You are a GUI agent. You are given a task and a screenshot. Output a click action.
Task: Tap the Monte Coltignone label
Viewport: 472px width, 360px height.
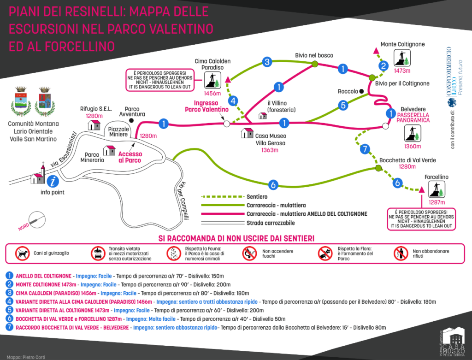pos(402,44)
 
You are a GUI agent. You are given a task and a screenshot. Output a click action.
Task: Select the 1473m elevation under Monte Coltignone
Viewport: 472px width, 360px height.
pos(402,71)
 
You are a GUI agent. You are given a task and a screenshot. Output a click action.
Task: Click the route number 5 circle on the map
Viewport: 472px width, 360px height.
pos(342,105)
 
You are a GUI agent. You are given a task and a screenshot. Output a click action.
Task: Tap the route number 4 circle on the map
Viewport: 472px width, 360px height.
pos(234,100)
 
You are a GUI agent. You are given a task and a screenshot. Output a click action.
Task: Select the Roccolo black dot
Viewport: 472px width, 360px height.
pos(362,91)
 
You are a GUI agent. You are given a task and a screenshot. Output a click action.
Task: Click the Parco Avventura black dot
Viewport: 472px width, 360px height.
pos(131,120)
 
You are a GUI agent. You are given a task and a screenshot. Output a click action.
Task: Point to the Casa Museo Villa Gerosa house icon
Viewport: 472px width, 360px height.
pos(248,133)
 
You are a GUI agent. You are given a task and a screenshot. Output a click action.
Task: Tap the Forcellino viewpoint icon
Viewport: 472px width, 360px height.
pos(437,189)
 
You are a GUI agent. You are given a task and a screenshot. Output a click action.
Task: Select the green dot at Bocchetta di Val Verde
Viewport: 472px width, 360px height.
pos(378,169)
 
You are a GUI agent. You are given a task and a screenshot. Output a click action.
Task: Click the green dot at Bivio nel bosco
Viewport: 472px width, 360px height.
pos(315,64)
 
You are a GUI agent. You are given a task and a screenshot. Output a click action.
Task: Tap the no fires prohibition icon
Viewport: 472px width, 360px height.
pos(249,253)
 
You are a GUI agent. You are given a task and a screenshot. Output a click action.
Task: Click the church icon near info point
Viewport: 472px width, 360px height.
pos(37,176)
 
